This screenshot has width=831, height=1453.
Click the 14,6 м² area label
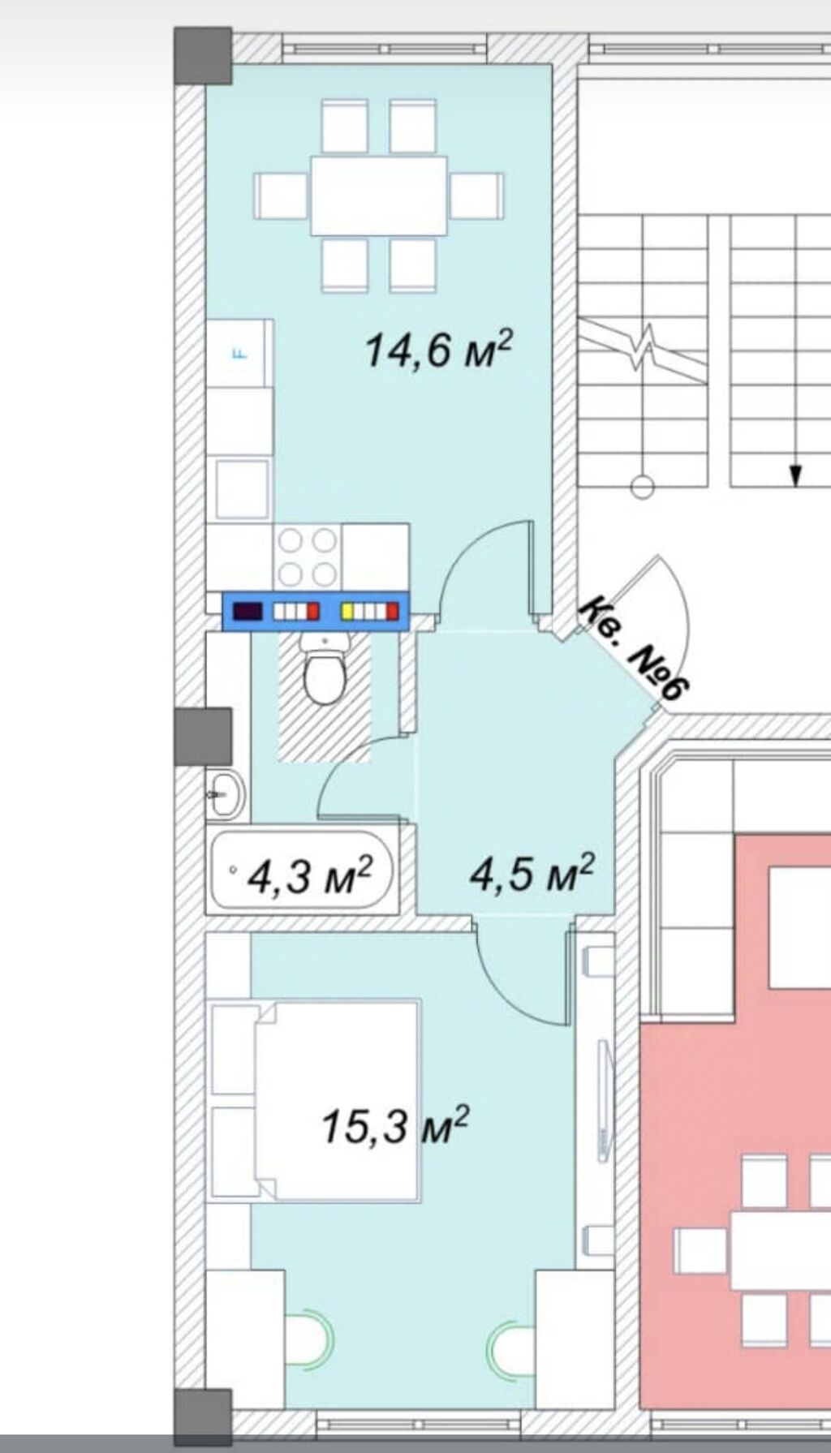point(440,350)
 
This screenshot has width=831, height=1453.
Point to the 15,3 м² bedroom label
point(395,1125)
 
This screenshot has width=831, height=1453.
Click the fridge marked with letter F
point(239,353)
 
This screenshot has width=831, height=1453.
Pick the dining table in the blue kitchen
point(379,196)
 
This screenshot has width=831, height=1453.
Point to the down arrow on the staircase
point(796,474)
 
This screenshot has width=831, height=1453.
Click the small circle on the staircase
point(642,487)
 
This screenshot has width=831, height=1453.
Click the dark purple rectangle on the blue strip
point(248,611)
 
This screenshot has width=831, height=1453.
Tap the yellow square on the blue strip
point(346,610)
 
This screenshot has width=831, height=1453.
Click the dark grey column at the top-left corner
point(203,56)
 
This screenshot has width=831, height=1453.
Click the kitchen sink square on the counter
point(242,488)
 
